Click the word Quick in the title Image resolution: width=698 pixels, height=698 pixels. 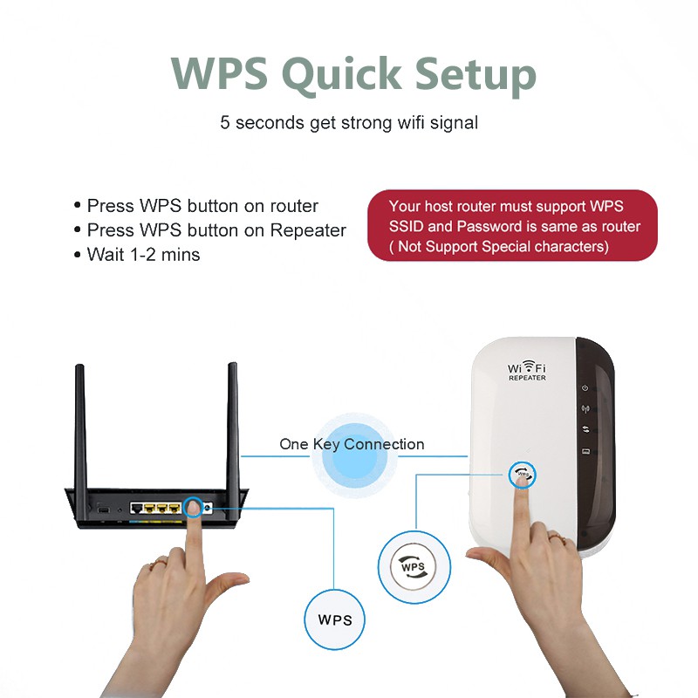[x=349, y=74]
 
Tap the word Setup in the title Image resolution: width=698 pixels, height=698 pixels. [x=473, y=74]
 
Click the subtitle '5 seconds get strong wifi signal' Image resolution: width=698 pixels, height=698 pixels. [x=349, y=122]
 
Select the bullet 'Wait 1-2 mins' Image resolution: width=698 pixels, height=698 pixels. [x=143, y=255]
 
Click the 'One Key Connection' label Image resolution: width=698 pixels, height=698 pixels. [x=352, y=444]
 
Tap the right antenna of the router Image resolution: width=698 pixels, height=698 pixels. [x=233, y=423]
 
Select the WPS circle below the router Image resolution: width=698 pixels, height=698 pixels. [x=335, y=619]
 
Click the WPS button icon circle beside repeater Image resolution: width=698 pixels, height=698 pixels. [x=414, y=567]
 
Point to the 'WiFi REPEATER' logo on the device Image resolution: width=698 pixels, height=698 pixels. [x=527, y=371]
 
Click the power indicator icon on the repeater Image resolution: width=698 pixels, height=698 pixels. [x=585, y=388]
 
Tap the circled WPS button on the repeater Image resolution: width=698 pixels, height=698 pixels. [x=522, y=475]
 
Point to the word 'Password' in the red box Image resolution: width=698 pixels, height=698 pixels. [x=489, y=227]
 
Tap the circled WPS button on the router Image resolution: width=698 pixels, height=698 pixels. [x=193, y=506]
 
